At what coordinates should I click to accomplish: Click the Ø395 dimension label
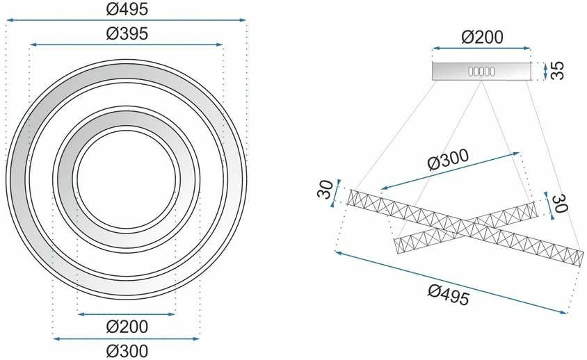tap(127, 33)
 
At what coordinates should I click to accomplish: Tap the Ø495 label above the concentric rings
tap(127, 9)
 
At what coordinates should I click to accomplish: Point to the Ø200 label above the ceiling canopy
tap(482, 37)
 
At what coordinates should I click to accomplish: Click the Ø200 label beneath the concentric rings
tap(127, 327)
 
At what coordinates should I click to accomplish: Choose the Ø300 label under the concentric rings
tap(127, 351)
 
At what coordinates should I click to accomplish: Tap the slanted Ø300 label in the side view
tap(448, 160)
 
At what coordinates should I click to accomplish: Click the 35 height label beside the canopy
tap(557, 70)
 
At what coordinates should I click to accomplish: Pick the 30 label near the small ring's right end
tap(561, 203)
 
